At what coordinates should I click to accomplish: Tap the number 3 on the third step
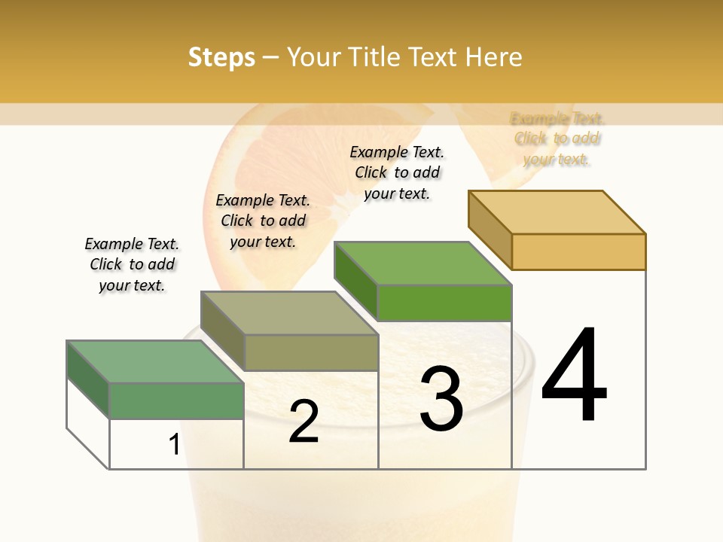[441, 399]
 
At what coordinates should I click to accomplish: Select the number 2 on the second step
[304, 422]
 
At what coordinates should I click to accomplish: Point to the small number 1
[174, 445]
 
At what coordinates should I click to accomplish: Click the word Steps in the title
[221, 57]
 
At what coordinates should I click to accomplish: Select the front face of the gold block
[578, 251]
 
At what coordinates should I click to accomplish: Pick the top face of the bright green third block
[423, 263]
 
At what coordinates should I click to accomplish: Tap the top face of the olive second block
[289, 313]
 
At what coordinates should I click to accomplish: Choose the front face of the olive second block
[311, 352]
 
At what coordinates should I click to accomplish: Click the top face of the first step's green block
[154, 361]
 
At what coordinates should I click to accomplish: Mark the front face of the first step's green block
[176, 400]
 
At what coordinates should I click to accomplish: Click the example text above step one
[132, 264]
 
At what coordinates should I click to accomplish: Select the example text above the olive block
[263, 221]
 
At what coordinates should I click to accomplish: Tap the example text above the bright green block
[397, 172]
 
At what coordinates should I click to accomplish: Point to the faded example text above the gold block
[557, 139]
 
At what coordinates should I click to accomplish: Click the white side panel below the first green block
[87, 422]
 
